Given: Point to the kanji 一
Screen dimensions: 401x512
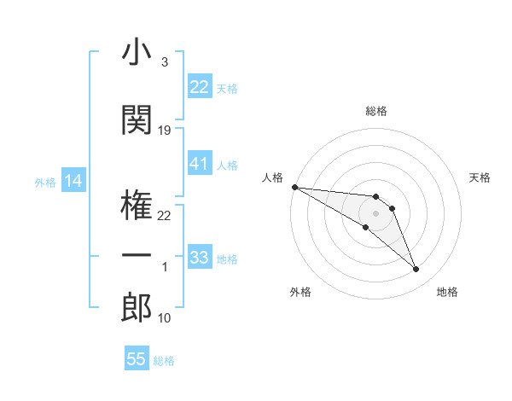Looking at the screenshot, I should [x=137, y=257].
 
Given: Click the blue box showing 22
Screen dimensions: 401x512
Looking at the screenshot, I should [x=199, y=87].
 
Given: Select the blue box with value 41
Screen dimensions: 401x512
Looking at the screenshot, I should [x=199, y=164].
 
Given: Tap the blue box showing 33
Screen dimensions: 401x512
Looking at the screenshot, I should [x=199, y=258].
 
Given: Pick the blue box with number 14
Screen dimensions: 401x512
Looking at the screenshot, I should [x=73, y=181].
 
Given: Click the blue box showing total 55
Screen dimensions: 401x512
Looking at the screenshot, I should [x=137, y=359].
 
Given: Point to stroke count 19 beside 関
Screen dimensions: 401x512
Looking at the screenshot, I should [x=165, y=131].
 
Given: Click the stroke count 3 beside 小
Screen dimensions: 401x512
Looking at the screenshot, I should [x=164, y=62].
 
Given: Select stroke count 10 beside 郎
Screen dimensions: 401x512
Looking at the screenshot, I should [x=165, y=318].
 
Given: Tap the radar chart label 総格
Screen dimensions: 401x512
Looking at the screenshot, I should [x=375, y=111].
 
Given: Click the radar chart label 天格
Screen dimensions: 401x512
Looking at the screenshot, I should [x=480, y=177].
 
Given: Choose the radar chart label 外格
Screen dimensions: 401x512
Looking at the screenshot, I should [x=300, y=292].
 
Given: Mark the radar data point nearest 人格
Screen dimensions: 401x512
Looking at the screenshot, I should [x=294, y=186].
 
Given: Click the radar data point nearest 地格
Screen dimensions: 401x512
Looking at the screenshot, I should [x=416, y=270].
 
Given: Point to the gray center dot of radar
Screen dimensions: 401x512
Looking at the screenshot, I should [x=375, y=212].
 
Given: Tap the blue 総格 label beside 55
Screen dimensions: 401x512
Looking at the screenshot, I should [x=164, y=361].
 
